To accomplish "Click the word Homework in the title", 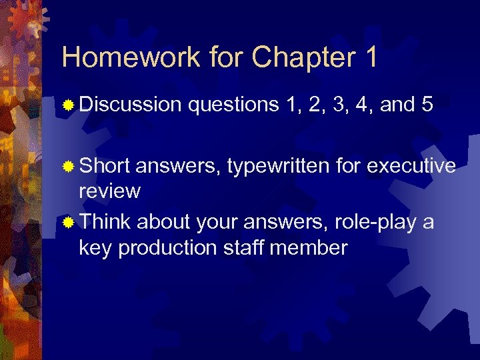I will coord(129,57).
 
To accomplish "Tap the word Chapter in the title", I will coord(303,59).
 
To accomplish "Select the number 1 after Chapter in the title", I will coord(371,57).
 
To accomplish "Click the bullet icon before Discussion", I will coord(68,105).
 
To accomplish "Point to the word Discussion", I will coord(130,105).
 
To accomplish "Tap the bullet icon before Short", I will coord(68,165).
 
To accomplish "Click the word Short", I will coord(104,164).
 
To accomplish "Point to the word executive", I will coord(409,164).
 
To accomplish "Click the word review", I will coord(109,192).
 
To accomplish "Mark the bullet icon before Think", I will coord(68,221).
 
